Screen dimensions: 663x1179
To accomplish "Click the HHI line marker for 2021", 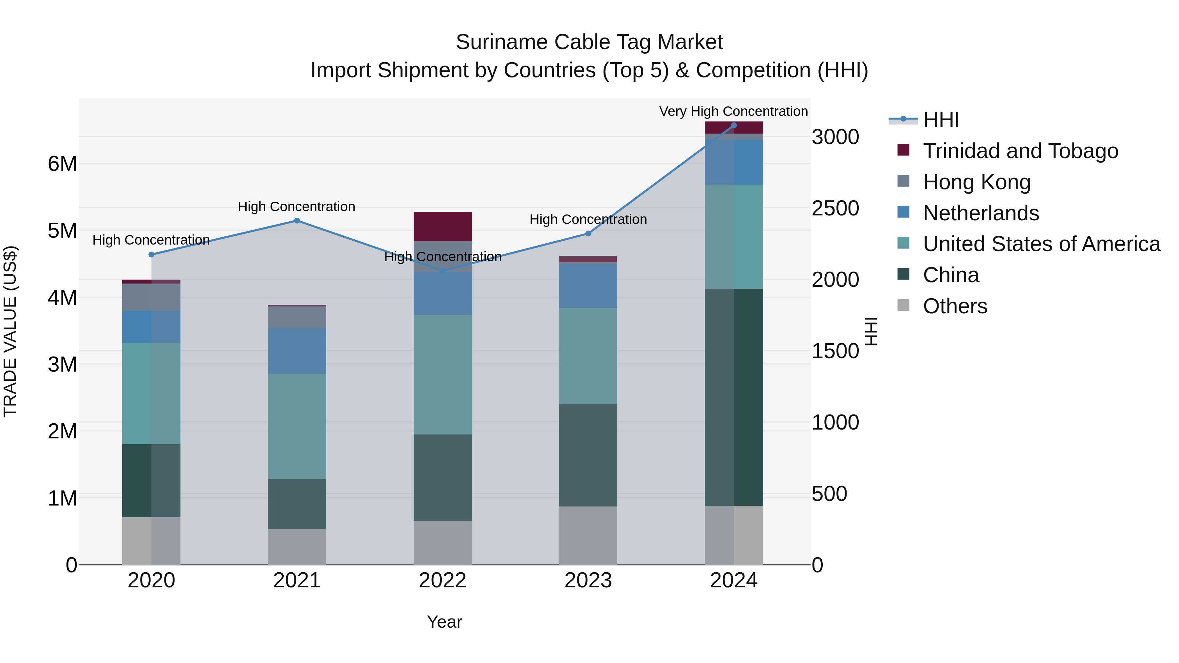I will (x=297, y=221).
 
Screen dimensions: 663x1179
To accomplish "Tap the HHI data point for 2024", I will (x=734, y=125).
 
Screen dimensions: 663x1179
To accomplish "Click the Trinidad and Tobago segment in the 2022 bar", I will (x=442, y=227).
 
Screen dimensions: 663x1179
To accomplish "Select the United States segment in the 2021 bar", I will (x=297, y=426).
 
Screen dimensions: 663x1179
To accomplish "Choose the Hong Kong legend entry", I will (x=977, y=182).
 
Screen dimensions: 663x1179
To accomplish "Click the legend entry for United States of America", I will (x=1041, y=244).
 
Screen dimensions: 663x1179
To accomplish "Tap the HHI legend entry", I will (x=941, y=120).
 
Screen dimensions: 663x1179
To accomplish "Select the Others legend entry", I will (x=955, y=306).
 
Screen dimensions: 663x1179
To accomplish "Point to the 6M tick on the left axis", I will (x=62, y=164).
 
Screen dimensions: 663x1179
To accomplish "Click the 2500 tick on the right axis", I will (x=835, y=208).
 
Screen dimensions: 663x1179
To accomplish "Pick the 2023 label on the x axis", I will (x=588, y=580).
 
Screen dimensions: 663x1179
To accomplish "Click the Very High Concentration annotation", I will (x=733, y=111).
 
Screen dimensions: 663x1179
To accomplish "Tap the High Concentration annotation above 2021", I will (x=297, y=207).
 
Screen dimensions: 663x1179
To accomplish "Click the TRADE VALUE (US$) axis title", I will (x=10, y=331).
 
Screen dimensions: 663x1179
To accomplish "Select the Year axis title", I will (x=444, y=622).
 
